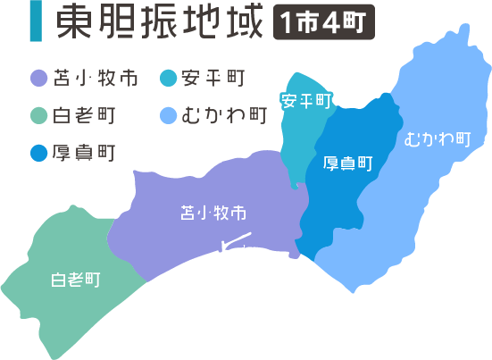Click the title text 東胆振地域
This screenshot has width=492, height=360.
coord(159,25)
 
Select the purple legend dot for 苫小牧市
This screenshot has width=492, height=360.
coord(37,79)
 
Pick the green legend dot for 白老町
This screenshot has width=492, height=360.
coord(37,115)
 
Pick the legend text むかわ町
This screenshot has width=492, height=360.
coord(223,115)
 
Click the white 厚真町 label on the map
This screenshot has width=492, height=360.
coord(347,163)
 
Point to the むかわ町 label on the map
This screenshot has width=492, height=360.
coord(437,139)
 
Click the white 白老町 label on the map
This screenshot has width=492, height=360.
coord(74,279)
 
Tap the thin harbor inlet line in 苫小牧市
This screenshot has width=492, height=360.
coord(235,242)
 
